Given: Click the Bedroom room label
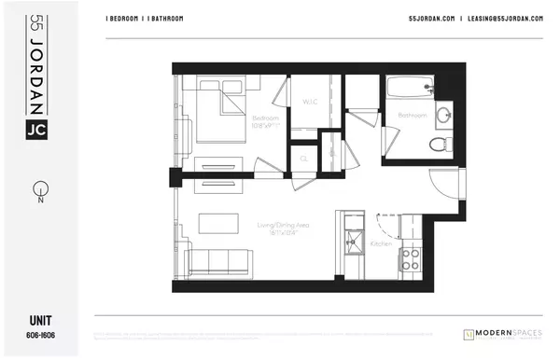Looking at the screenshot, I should tap(266, 118).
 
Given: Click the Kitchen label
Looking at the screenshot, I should tap(382, 242).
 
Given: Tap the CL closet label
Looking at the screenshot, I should tap(303, 159).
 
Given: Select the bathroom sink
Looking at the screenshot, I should tap(444, 116).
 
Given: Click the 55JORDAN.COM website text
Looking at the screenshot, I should tap(430, 20).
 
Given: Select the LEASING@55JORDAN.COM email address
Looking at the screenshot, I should tap(504, 20).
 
